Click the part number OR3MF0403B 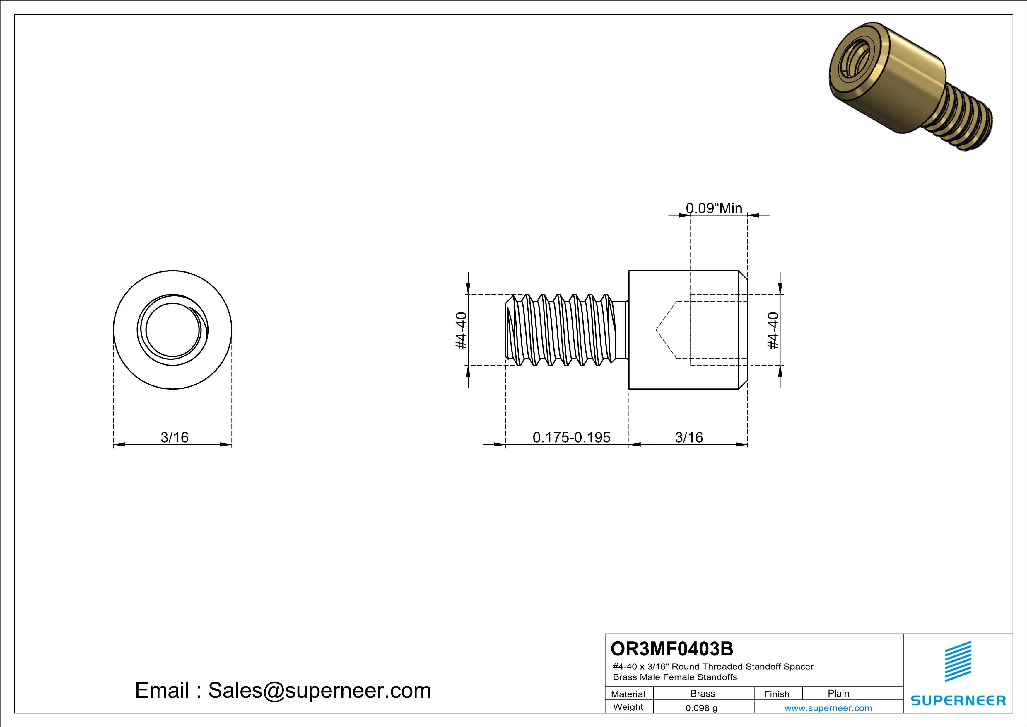671,649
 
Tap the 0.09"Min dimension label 714,208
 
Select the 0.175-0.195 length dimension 571,437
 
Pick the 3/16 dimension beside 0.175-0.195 689,437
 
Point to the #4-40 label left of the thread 461,330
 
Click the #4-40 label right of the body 773,330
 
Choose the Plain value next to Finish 838,693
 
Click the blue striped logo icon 958,661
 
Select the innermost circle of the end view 172,330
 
